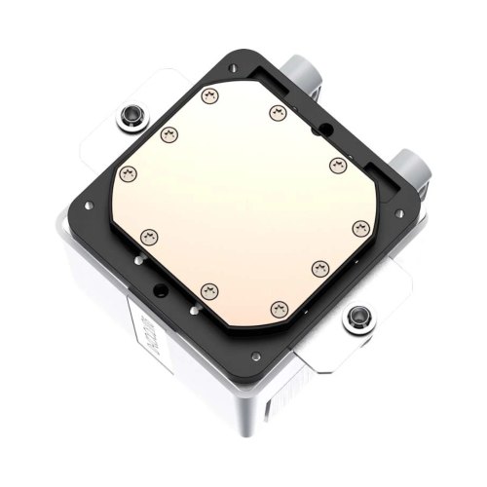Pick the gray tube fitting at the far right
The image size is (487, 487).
pos(413,166)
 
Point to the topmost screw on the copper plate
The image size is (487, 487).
pos(206,95)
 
